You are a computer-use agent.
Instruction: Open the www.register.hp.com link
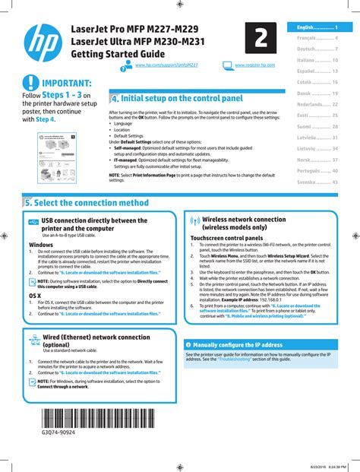pos(255,68)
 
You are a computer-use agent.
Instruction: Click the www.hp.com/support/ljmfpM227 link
pos(161,68)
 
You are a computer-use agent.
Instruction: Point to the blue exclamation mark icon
pos(29,83)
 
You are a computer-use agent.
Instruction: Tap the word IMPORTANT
pos(67,83)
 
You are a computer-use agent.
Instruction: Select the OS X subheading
pos(35,295)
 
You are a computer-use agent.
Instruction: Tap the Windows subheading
pos(41,246)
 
